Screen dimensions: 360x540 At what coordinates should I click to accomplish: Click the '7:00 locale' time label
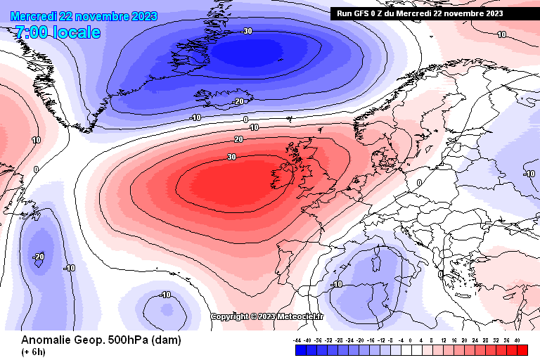(57, 32)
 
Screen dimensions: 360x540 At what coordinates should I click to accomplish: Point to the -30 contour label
(246, 31)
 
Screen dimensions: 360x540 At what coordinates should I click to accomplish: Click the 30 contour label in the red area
(231, 157)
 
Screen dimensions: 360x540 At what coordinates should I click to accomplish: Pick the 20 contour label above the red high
(238, 140)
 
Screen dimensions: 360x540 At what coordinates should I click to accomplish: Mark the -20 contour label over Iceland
(238, 101)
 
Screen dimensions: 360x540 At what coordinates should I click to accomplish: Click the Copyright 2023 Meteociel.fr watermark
(266, 316)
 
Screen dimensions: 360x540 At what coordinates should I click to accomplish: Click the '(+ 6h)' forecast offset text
(34, 352)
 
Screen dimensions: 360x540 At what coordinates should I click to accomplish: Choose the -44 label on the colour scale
(298, 340)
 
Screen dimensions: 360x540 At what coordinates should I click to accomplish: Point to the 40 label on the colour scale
(517, 340)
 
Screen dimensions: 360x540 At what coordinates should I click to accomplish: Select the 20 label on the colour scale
(465, 340)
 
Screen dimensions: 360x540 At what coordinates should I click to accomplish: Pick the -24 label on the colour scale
(350, 340)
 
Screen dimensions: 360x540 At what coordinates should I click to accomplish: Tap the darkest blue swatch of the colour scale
(300, 349)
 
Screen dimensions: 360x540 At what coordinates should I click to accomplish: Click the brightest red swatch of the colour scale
(522, 349)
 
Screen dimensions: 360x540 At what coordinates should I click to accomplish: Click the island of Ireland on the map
(285, 173)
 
